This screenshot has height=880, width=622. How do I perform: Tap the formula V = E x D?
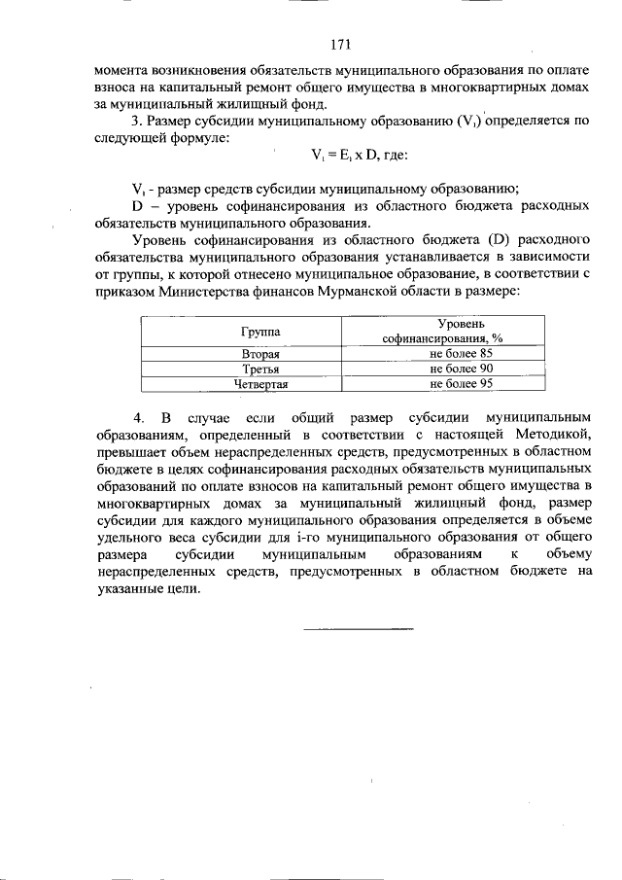[x=352, y=155]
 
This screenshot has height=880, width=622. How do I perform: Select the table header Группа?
[x=259, y=332]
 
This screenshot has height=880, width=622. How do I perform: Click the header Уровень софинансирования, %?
[x=448, y=332]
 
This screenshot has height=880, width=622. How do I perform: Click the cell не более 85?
[x=462, y=355]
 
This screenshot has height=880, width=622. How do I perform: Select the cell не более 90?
[x=462, y=370]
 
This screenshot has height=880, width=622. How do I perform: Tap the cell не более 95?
[x=462, y=384]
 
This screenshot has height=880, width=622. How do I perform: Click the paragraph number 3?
[x=136, y=122]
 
